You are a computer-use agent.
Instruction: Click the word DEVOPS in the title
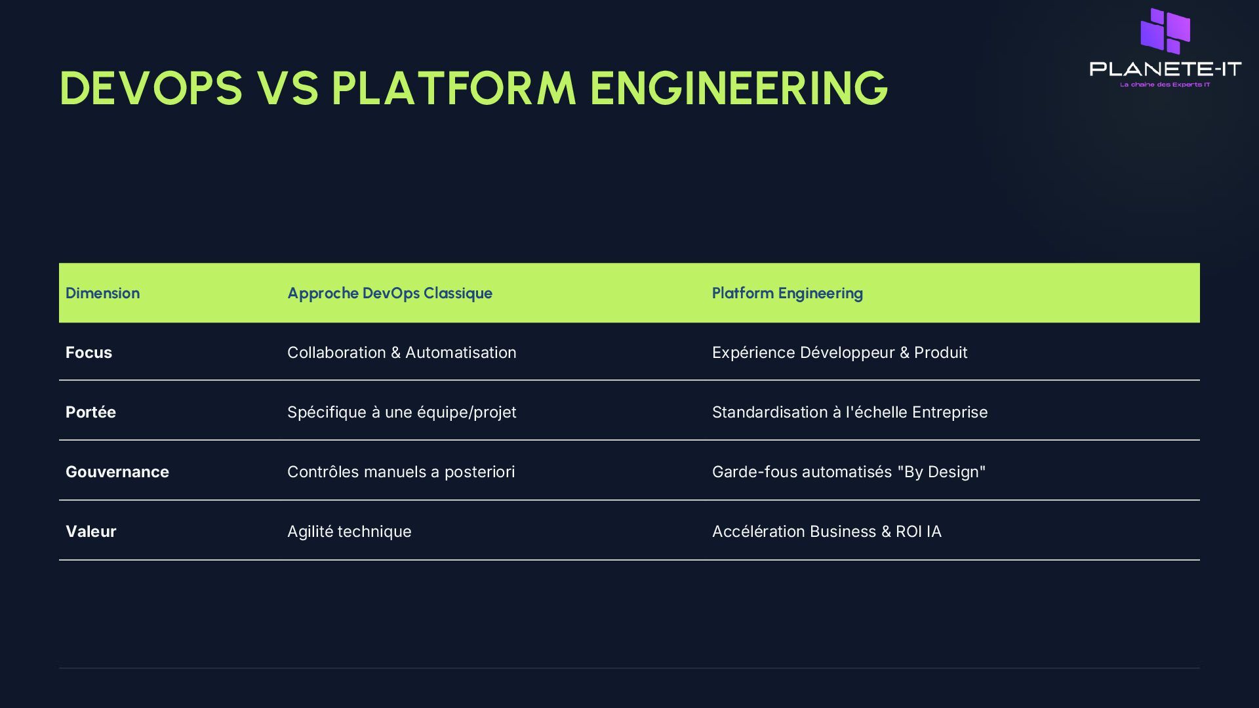click(151, 88)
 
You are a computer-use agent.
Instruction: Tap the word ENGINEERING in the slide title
click(738, 88)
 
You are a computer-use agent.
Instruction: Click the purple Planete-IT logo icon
click(1165, 31)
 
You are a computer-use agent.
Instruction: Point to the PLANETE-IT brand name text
click(1165, 69)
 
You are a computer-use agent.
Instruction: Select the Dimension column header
click(102, 293)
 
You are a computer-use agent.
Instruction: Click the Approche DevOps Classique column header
click(390, 293)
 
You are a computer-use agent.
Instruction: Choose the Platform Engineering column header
click(787, 293)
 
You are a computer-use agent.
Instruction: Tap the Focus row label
click(89, 353)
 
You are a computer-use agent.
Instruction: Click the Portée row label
click(90, 412)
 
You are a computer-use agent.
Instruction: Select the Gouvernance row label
click(117, 472)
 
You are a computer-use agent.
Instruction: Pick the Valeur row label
click(90, 532)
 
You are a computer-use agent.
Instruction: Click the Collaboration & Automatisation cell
click(401, 353)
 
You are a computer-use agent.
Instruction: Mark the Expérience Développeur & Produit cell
click(839, 353)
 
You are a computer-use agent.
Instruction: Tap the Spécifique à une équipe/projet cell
click(401, 412)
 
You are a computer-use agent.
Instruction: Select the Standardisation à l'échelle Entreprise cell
click(849, 412)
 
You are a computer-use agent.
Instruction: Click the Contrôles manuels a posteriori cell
click(401, 472)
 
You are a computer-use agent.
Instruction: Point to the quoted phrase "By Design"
click(941, 472)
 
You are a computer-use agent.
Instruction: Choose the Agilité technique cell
click(349, 532)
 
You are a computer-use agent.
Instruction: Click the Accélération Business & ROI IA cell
click(826, 532)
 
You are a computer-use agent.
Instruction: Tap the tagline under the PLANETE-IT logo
click(1165, 85)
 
